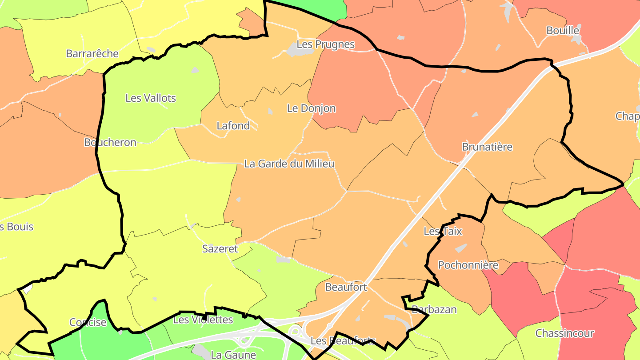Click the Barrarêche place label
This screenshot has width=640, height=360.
[x=92, y=54]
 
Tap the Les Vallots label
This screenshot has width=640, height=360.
[x=151, y=98]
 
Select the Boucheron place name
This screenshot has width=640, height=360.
[x=110, y=142]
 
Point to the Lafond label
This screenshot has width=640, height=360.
[x=233, y=126]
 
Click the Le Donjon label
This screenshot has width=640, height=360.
[x=311, y=108]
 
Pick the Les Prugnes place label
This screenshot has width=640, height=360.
[x=325, y=44]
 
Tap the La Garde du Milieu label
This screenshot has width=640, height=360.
[x=289, y=164]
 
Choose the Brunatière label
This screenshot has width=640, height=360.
[x=487, y=147]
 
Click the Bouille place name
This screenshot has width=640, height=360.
[x=563, y=31]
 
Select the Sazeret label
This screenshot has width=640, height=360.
[x=220, y=249]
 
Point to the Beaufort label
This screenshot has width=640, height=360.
[x=346, y=287]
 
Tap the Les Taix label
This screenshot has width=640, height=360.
[x=443, y=232]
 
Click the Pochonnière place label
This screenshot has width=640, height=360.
[x=468, y=265]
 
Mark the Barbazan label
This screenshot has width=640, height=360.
[x=434, y=309]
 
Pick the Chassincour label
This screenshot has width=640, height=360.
[x=564, y=333]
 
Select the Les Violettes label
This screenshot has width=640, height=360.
[x=203, y=320]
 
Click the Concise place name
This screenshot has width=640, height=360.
[x=88, y=322]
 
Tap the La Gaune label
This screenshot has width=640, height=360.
[x=233, y=355]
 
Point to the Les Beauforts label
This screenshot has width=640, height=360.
[x=343, y=341]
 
